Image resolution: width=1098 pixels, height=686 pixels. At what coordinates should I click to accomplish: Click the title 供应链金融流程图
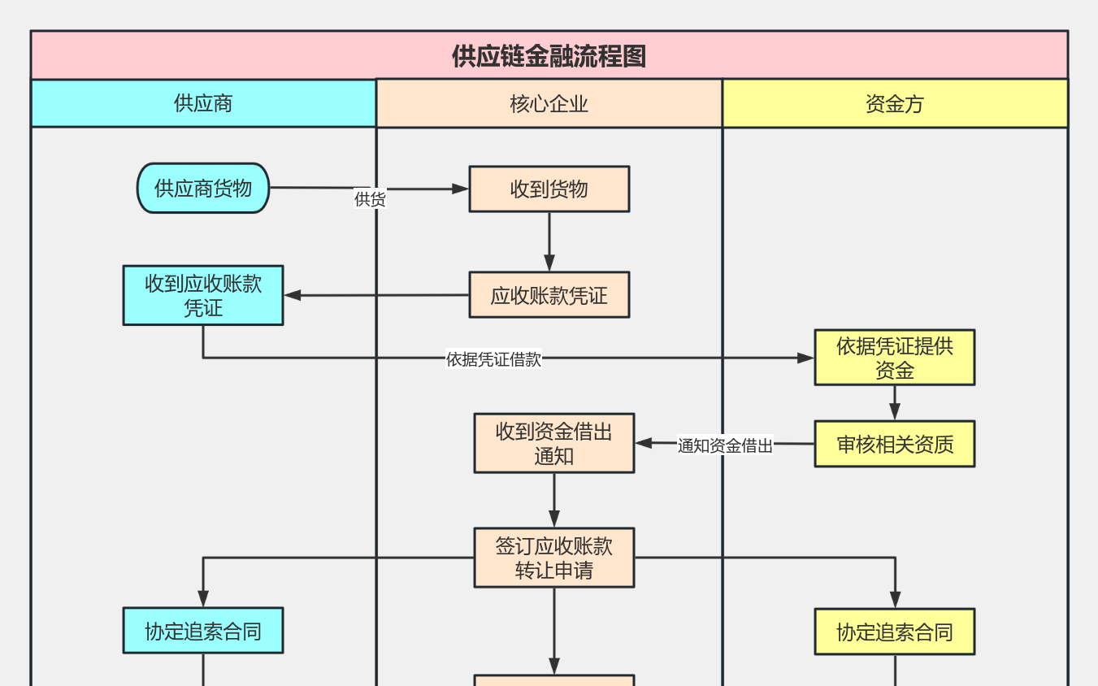pos(549,56)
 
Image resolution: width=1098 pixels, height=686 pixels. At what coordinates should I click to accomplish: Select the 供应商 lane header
pos(203,103)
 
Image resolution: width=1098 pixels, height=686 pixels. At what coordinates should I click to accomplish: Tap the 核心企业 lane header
pos(549,104)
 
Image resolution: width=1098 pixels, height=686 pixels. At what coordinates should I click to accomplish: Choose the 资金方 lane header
pos(894,104)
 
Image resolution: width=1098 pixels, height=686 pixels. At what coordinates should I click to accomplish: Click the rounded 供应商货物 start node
pos(203,189)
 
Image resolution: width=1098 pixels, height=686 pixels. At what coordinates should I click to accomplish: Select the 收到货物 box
pos(549,189)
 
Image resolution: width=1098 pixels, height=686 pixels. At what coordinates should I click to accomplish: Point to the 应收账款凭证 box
pos(549,295)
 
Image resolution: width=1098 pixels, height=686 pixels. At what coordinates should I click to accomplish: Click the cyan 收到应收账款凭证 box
pos(203,295)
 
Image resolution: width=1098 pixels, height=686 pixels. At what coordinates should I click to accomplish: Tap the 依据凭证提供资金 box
pos(894,358)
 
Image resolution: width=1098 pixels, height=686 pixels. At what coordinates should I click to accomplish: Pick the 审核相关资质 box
pos(894,445)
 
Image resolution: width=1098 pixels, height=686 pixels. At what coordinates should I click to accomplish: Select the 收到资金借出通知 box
pos(553,443)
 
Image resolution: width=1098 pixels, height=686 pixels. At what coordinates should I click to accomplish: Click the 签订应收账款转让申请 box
pos(553,558)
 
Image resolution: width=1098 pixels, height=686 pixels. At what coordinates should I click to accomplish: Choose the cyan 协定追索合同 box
pos(203,631)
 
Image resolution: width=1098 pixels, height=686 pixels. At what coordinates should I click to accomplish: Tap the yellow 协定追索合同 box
pos(894,632)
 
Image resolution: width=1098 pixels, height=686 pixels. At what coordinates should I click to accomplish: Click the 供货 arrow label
pos(370,199)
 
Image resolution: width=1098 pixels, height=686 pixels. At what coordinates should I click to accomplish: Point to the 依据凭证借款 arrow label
pos(493,359)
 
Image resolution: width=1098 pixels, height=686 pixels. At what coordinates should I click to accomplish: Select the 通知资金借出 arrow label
pos(725,445)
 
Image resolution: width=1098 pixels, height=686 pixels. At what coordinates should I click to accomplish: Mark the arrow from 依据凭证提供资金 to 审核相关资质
pos(895,402)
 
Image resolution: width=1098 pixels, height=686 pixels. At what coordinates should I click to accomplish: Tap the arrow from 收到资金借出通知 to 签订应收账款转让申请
pos(554,500)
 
